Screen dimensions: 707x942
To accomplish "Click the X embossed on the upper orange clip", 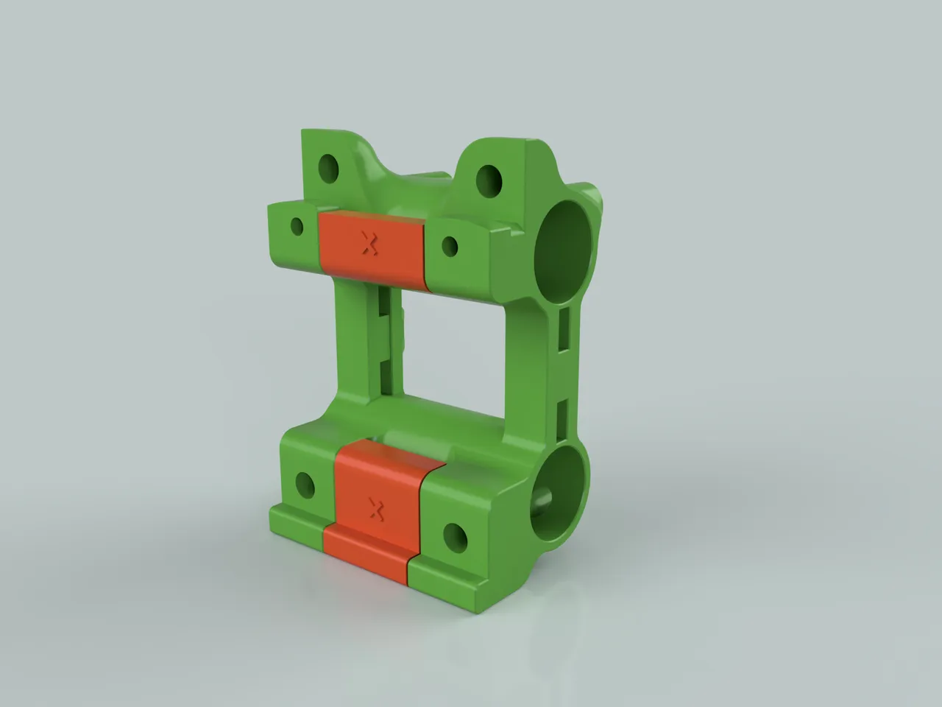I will (369, 244).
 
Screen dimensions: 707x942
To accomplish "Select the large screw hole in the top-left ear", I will (328, 169).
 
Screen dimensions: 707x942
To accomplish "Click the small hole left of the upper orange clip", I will (297, 225).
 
